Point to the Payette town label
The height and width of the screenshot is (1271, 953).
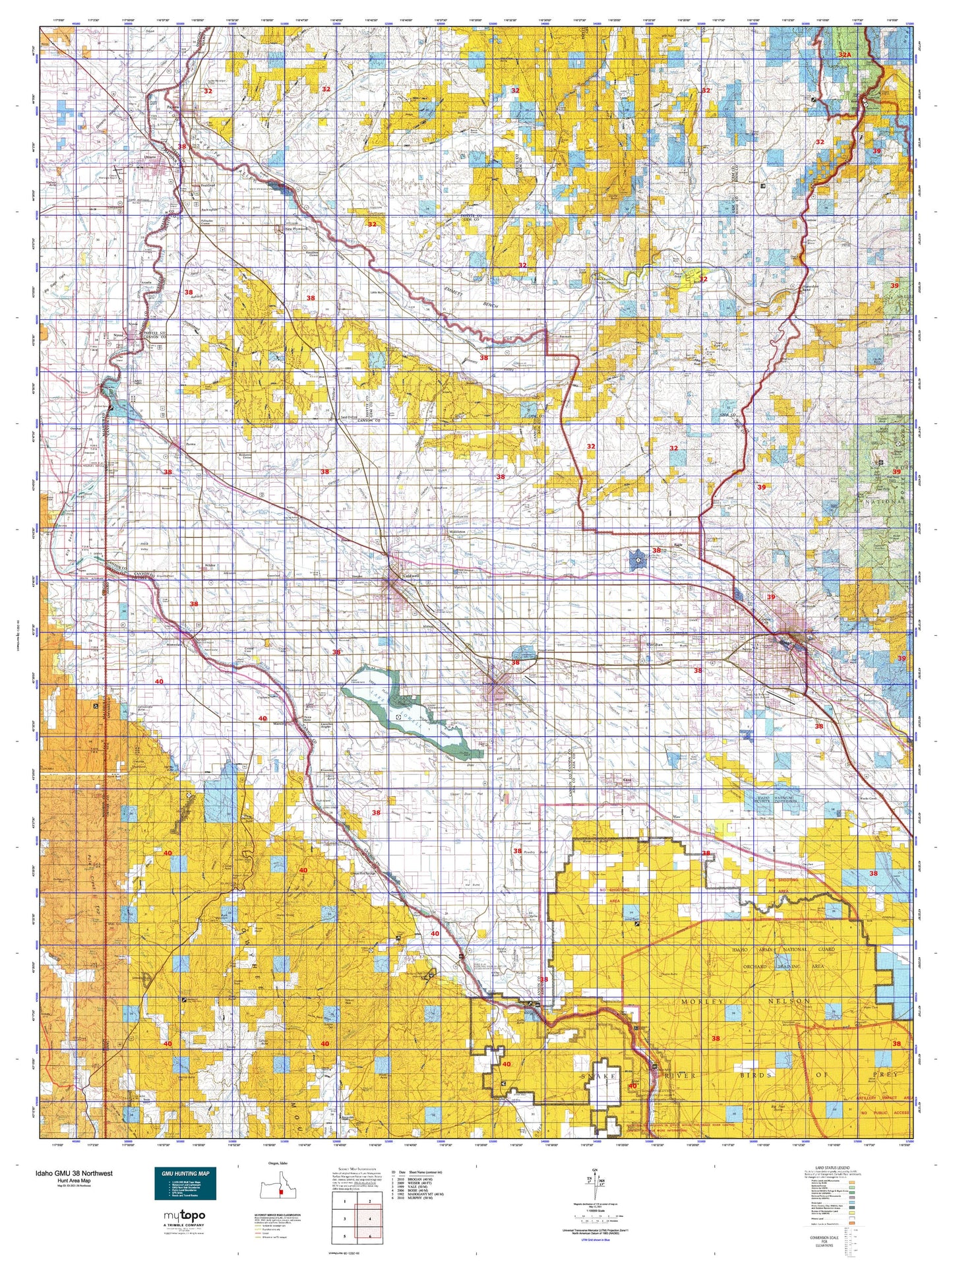173,106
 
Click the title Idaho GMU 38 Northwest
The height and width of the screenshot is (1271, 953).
75,1173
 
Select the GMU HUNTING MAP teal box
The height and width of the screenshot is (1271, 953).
185,1184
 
